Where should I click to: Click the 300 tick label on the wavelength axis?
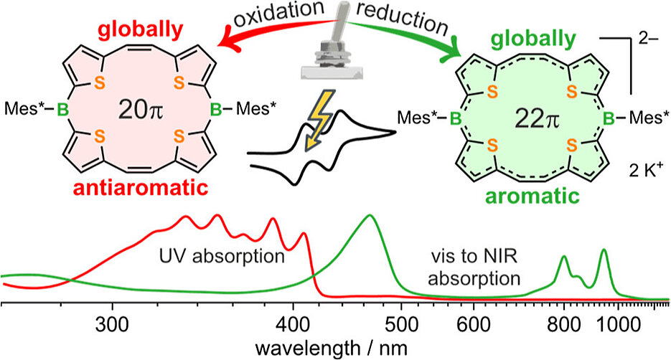[112, 318]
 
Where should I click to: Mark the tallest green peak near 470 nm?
[370, 216]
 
